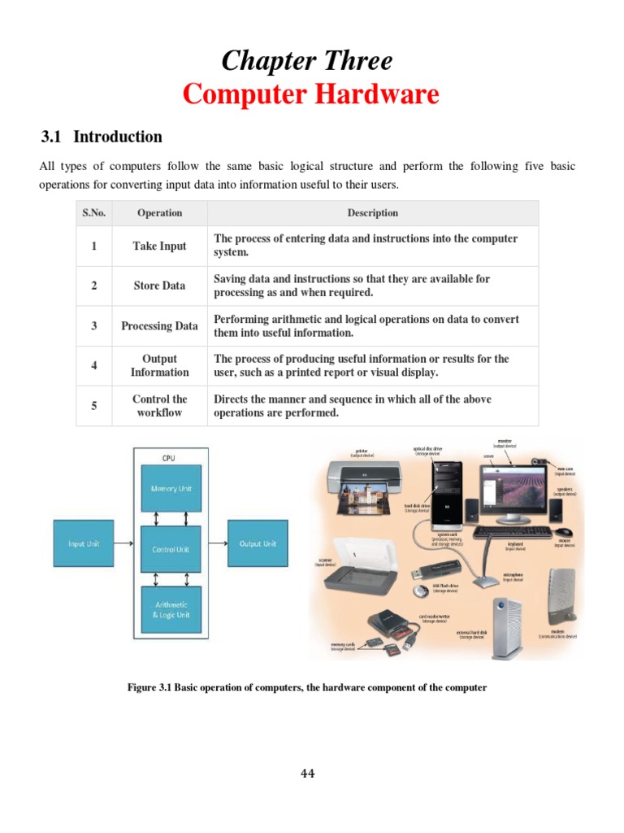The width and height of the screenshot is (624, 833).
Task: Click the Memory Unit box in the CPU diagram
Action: pyautogui.click(x=171, y=488)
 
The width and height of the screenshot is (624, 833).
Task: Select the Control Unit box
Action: pyautogui.click(x=171, y=549)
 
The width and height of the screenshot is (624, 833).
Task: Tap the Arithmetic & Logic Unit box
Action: pyautogui.click(x=171, y=609)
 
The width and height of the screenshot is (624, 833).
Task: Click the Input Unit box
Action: pyautogui.click(x=83, y=543)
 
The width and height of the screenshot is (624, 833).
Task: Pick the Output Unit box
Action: pyautogui.click(x=258, y=543)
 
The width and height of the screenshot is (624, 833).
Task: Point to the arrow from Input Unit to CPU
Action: pyautogui.click(x=123, y=543)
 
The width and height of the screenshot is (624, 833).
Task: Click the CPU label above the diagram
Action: pyautogui.click(x=168, y=458)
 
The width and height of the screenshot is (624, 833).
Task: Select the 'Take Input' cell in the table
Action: pyautogui.click(x=159, y=246)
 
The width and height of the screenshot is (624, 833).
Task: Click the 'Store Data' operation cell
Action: pyautogui.click(x=159, y=286)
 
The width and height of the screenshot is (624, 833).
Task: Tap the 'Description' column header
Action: pyautogui.click(x=372, y=213)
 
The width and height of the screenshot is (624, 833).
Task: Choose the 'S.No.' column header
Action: pyautogui.click(x=94, y=213)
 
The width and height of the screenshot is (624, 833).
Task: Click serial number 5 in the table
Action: pyautogui.click(x=94, y=406)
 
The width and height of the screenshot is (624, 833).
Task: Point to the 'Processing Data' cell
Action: pyautogui.click(x=159, y=325)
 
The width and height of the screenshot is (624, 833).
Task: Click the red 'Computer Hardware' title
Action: pyautogui.click(x=310, y=94)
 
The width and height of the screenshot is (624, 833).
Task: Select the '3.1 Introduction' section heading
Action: pyautogui.click(x=102, y=137)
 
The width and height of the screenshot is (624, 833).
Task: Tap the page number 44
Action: pyautogui.click(x=307, y=773)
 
